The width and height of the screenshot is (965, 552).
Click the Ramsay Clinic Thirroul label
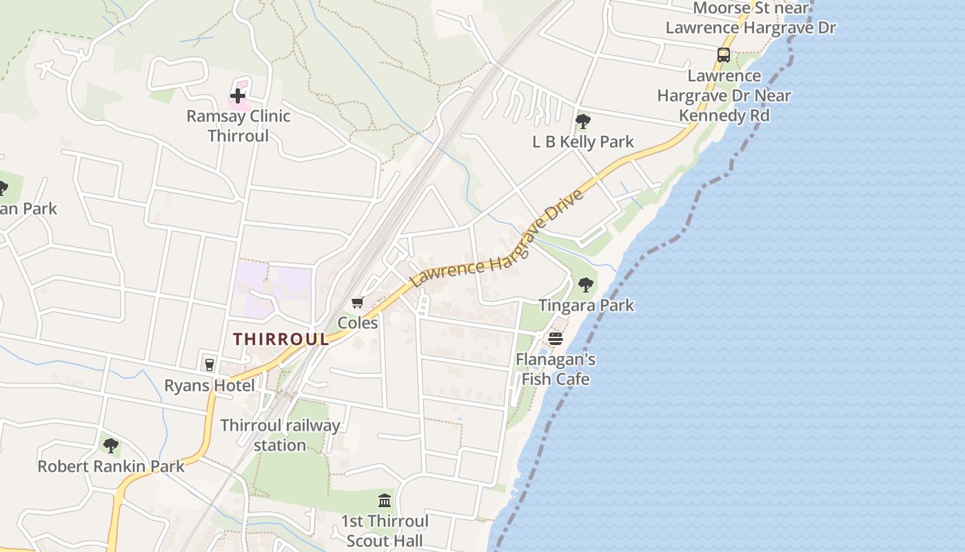click(x=238, y=126)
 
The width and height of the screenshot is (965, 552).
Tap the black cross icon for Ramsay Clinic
click(x=238, y=95)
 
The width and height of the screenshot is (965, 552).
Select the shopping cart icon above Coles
click(x=357, y=303)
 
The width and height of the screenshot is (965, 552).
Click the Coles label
click(x=358, y=323)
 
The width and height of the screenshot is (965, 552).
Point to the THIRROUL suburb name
click(x=281, y=339)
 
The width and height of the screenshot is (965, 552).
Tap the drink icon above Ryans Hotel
click(x=209, y=364)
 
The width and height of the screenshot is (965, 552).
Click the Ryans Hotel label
click(x=209, y=385)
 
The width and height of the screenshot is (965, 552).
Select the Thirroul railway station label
click(x=280, y=435)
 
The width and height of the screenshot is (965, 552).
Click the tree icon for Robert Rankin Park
click(x=110, y=446)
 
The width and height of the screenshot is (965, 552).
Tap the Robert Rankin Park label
click(x=111, y=466)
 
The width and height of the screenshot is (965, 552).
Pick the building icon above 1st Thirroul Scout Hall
click(x=385, y=500)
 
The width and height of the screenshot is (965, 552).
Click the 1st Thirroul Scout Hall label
click(x=385, y=531)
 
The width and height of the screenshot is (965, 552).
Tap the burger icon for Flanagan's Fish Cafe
click(x=556, y=339)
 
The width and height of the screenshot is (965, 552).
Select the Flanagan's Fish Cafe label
click(x=556, y=369)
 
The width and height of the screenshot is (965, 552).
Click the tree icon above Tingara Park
click(x=586, y=284)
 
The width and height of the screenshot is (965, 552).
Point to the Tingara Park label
click(x=586, y=305)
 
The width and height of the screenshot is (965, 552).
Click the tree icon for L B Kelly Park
click(x=582, y=121)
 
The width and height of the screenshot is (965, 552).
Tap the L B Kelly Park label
click(x=583, y=142)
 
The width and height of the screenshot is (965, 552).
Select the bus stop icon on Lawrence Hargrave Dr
click(x=724, y=55)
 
